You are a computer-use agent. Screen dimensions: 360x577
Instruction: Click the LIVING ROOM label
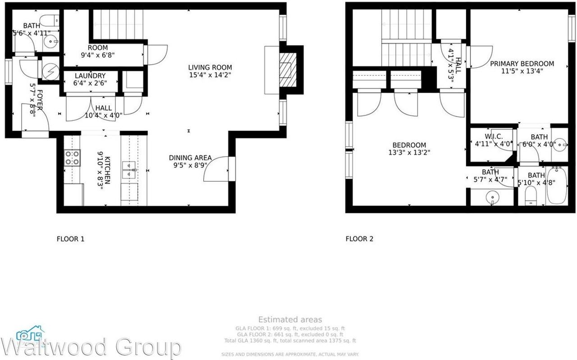[x=210, y=68]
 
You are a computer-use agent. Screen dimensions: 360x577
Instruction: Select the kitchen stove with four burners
[x=72, y=158]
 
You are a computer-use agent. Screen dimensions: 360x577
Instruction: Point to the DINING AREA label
[x=190, y=158]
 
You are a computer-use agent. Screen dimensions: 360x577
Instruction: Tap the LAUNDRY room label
[x=90, y=76]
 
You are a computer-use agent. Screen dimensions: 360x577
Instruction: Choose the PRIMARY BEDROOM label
[x=522, y=64]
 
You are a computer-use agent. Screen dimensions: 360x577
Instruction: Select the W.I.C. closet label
[x=494, y=137]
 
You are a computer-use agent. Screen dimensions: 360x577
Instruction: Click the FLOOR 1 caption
[x=70, y=239]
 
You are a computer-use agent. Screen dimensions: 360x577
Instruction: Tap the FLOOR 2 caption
[x=359, y=239]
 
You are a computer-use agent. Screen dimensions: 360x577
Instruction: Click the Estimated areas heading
[x=290, y=320]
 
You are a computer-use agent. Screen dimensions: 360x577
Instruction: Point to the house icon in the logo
[x=30, y=334]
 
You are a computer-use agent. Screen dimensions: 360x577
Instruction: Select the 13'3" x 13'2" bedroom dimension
[x=409, y=152]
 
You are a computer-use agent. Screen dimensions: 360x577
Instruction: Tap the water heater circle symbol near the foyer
[x=50, y=70]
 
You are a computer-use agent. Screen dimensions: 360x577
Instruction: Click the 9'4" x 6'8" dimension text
[x=98, y=55]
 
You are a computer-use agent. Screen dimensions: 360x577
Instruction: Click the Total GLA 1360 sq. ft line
[x=290, y=341]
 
